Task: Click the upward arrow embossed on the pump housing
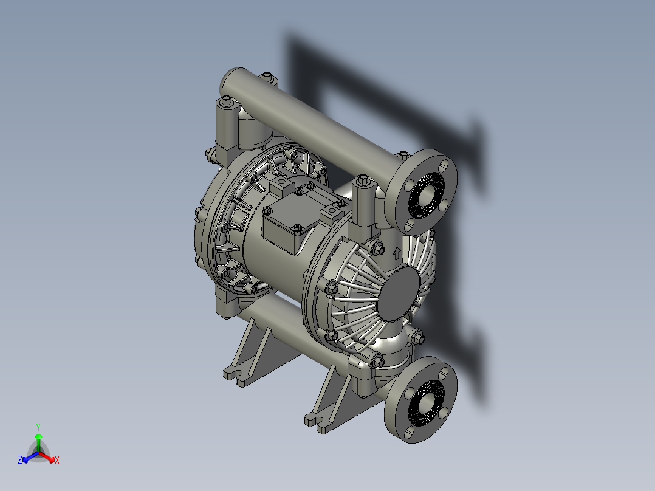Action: tap(397, 252)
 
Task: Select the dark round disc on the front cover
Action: tap(398, 293)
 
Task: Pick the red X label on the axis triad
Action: tap(57, 460)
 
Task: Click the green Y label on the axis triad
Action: tap(38, 427)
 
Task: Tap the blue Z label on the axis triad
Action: tap(20, 460)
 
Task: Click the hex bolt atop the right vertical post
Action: tap(363, 180)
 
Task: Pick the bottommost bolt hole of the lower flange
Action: tap(408, 433)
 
